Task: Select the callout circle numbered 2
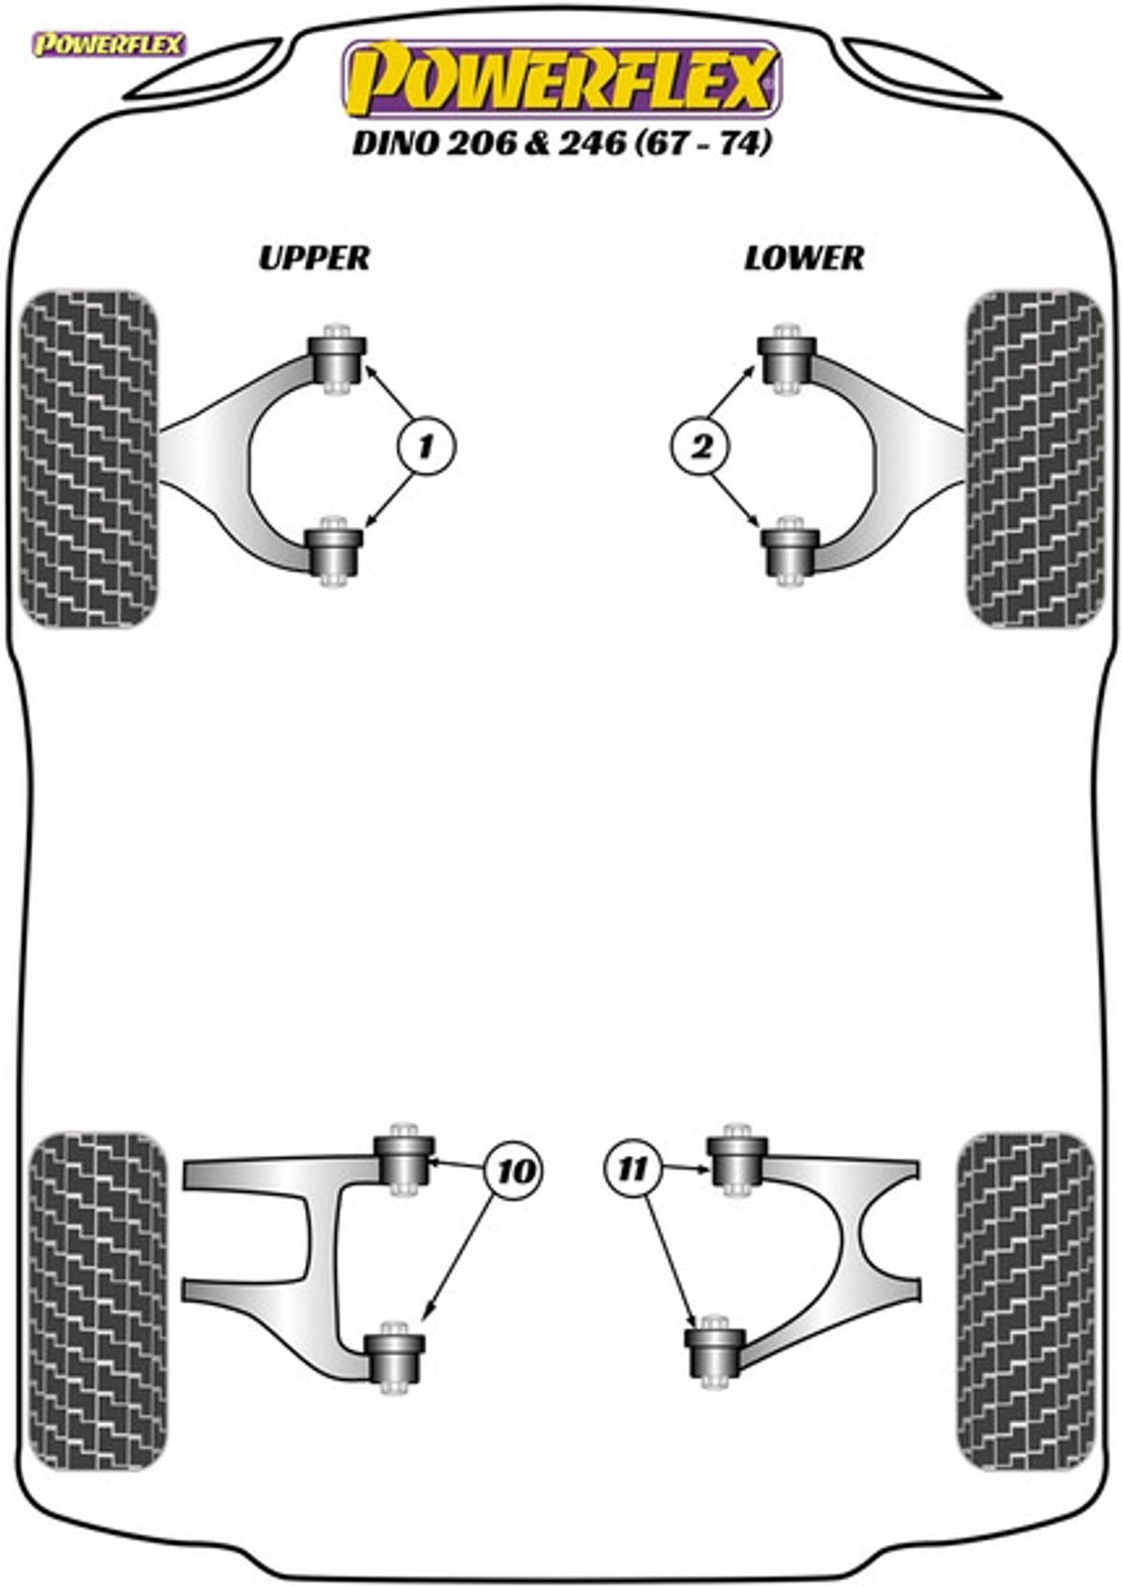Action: pos(699,446)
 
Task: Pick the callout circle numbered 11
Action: pos(633,1168)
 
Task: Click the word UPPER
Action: pos(314,257)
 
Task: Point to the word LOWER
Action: pos(804,257)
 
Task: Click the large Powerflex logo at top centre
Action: pos(561,79)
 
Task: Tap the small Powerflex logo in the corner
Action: pos(109,44)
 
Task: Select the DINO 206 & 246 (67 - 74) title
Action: pos(561,143)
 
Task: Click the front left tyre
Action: pos(89,458)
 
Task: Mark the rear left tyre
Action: pos(97,1301)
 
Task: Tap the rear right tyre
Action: pos(1026,1301)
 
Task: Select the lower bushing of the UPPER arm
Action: pos(336,552)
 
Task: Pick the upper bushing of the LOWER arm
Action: pos(786,358)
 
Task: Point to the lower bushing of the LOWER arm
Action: pos(790,552)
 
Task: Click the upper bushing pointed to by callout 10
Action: pos(404,1159)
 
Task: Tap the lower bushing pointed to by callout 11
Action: pos(715,1352)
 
